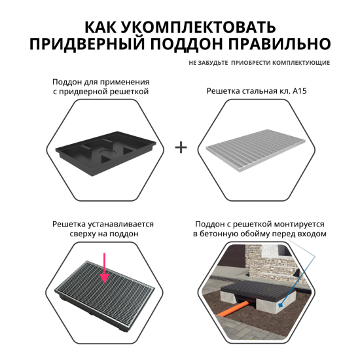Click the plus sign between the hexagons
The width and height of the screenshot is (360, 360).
pyautogui.click(x=181, y=147)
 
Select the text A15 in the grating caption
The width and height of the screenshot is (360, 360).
pyautogui.click(x=299, y=92)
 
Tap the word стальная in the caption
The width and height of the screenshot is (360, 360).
pyautogui.click(x=266, y=92)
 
